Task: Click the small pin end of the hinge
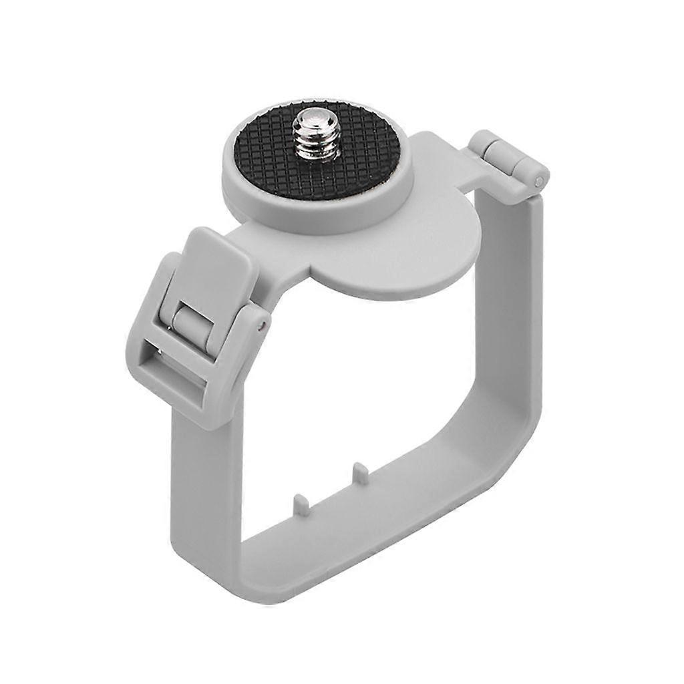538,182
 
